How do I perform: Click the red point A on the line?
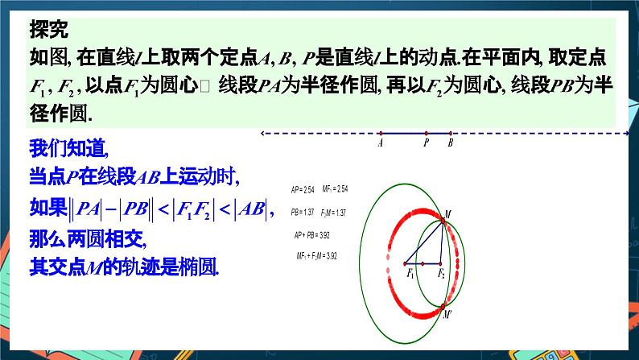(x=380, y=134)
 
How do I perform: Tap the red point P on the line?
(x=427, y=134)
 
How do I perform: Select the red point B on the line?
(x=450, y=134)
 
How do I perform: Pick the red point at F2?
(x=442, y=263)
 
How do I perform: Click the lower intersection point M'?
(x=443, y=307)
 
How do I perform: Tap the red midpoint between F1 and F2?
(x=423, y=263)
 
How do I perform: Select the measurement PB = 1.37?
(x=303, y=213)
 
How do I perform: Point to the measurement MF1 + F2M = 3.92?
(x=316, y=255)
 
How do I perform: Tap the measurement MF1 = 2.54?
(x=334, y=189)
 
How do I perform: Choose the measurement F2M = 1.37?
(x=333, y=213)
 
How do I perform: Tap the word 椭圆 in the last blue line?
(x=202, y=266)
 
